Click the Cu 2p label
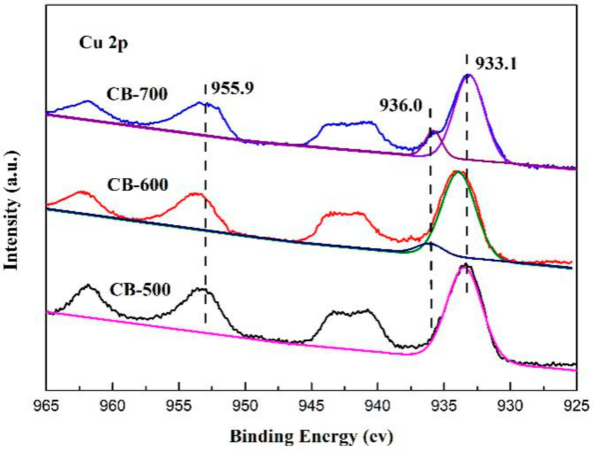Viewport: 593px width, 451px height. pos(103,43)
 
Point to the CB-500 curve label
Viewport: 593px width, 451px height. pos(140,289)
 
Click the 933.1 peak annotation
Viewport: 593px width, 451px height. pos(496,63)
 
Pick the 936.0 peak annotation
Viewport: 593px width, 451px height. pos(401,106)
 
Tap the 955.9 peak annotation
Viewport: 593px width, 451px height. pos(232,88)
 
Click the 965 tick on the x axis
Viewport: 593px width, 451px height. pos(46,407)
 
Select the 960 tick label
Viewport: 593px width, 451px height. pos(112,407)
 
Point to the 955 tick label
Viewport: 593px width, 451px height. pos(179,407)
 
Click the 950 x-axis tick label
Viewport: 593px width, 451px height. pos(245,407)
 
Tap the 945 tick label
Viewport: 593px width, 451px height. pos(312,407)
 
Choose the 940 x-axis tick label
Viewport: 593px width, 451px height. pos(378,407)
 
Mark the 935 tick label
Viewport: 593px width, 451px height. pos(444,407)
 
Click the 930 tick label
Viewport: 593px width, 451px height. pos(510,407)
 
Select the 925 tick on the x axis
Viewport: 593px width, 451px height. pos(576,407)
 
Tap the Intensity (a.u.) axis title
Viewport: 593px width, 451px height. pos(11,210)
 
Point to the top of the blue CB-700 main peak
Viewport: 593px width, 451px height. pos(468,75)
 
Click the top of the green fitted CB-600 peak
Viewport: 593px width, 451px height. pos(458,172)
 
